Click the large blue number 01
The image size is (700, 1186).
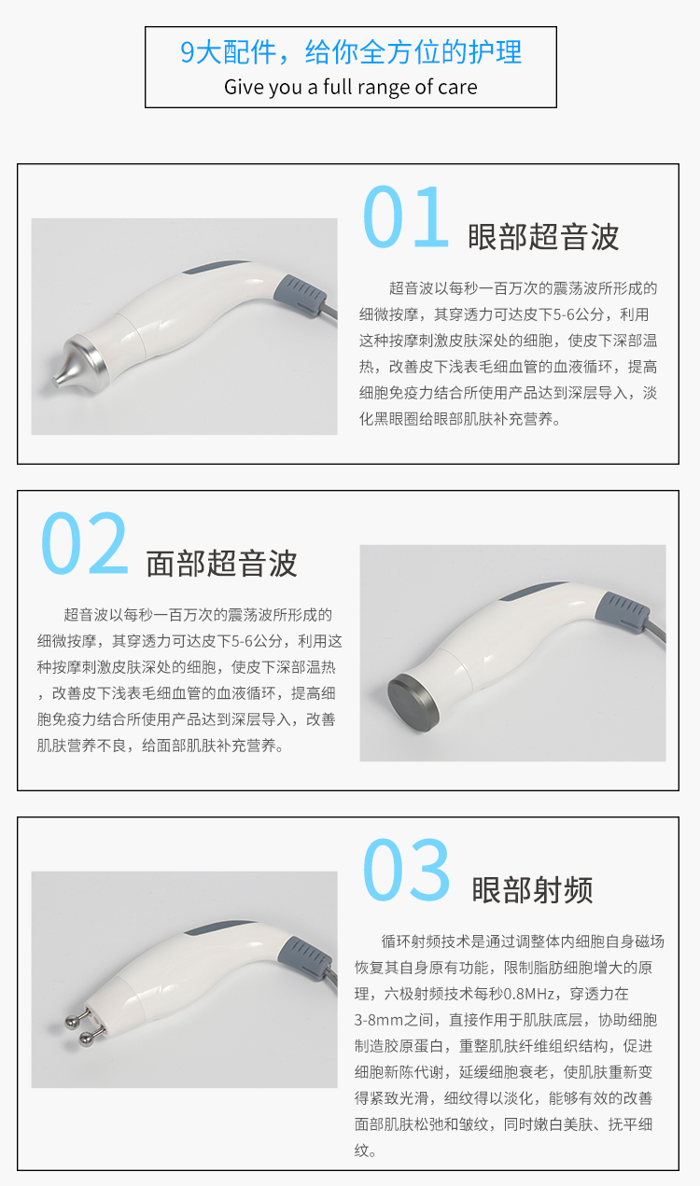tap(406, 217)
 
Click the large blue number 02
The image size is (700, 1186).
tap(85, 543)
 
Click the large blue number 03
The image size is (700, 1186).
tap(407, 870)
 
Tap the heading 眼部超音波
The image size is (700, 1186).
tap(543, 236)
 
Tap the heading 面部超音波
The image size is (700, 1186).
tap(221, 563)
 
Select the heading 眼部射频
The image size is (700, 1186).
tap(532, 889)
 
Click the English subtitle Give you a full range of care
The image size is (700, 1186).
tap(351, 87)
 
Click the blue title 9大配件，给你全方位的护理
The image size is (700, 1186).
tap(351, 52)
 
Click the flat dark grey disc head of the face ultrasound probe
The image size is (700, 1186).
tap(413, 703)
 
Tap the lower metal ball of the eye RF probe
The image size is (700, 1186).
tap(85, 1039)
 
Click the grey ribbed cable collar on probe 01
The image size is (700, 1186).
tap(301, 296)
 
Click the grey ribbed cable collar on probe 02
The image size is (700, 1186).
tap(622, 612)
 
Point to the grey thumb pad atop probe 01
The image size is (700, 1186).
tap(215, 266)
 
